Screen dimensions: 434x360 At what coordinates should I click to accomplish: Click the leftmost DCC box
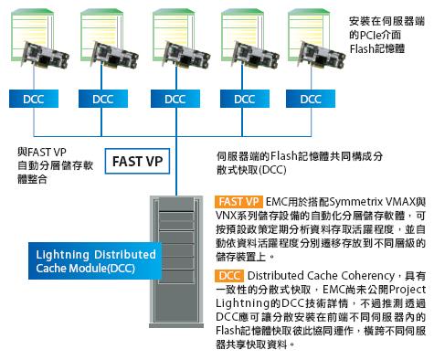pos(34,99)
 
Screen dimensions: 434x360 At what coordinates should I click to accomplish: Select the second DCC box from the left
pos(103,99)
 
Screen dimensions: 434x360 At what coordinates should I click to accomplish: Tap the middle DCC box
pos(175,99)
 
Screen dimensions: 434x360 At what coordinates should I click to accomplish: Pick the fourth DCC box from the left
pos(245,99)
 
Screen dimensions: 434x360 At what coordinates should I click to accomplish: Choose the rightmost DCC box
pos(311,99)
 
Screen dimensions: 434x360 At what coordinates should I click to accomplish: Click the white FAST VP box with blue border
pos(137,161)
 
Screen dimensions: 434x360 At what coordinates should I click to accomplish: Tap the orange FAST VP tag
pos(238,202)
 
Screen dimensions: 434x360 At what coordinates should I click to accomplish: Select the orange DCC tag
pos(229,276)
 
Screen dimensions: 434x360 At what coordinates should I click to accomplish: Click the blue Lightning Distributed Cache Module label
pos(95,261)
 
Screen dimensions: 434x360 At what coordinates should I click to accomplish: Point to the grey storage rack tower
pos(176,261)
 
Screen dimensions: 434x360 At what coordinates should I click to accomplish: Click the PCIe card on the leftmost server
pos(47,56)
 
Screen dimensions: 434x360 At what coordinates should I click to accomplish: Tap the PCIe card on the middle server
pos(186,56)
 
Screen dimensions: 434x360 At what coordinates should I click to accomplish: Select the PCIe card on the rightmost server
pos(323,56)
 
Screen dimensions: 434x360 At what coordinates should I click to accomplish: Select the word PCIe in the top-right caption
pos(370,36)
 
